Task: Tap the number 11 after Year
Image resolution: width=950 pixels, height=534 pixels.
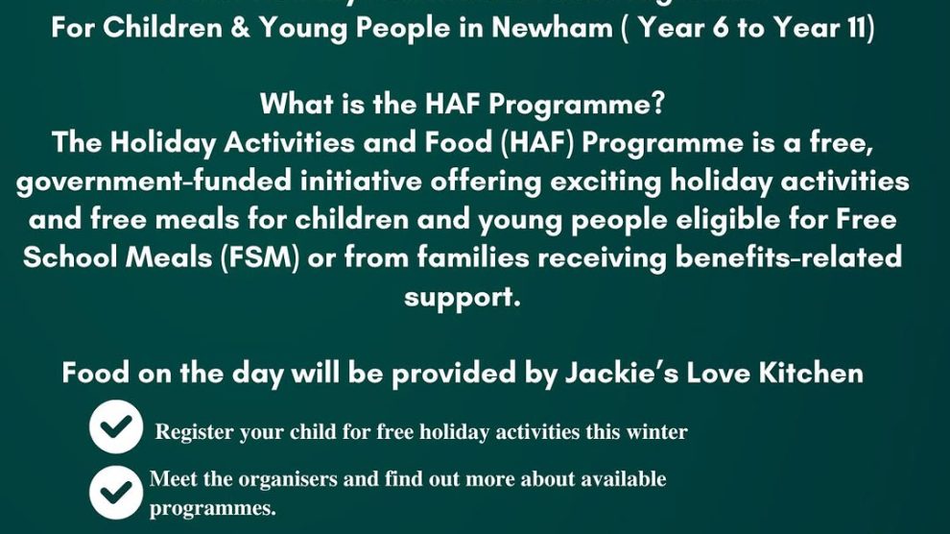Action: pyautogui.click(x=853, y=28)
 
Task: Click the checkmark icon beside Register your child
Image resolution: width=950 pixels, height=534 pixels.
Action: pyautogui.click(x=116, y=427)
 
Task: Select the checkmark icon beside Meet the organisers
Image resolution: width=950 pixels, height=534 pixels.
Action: pyautogui.click(x=116, y=492)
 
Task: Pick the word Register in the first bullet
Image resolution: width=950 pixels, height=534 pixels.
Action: pyautogui.click(x=195, y=432)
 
